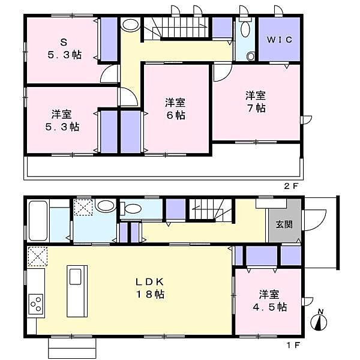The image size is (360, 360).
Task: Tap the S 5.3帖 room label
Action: click(x=64, y=48)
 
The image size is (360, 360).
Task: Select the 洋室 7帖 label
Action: click(x=255, y=101)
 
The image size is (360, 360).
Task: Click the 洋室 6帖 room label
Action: click(x=176, y=109)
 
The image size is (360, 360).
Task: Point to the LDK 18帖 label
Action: click(x=149, y=287)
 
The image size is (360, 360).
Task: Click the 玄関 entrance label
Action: click(x=283, y=225)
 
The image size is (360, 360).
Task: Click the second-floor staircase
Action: click(x=180, y=29)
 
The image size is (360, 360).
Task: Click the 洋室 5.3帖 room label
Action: click(x=64, y=120)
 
